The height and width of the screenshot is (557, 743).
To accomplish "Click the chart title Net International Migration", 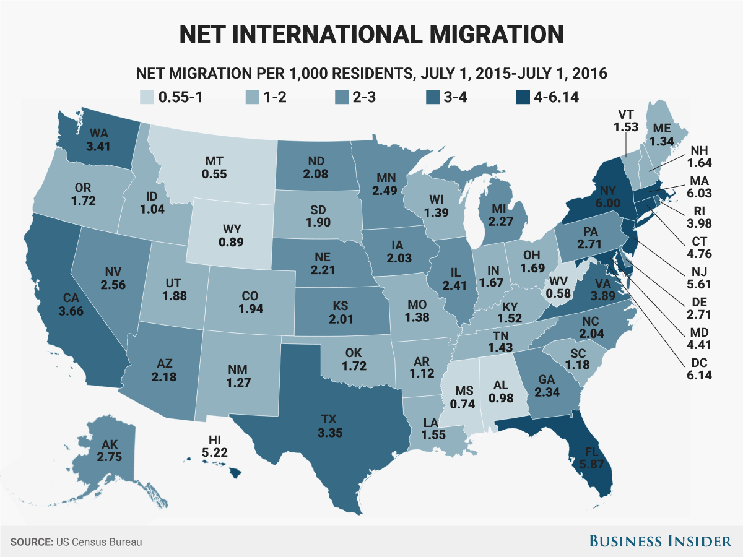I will coord(371,33).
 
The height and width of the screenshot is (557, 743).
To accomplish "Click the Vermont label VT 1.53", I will coord(624,121).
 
